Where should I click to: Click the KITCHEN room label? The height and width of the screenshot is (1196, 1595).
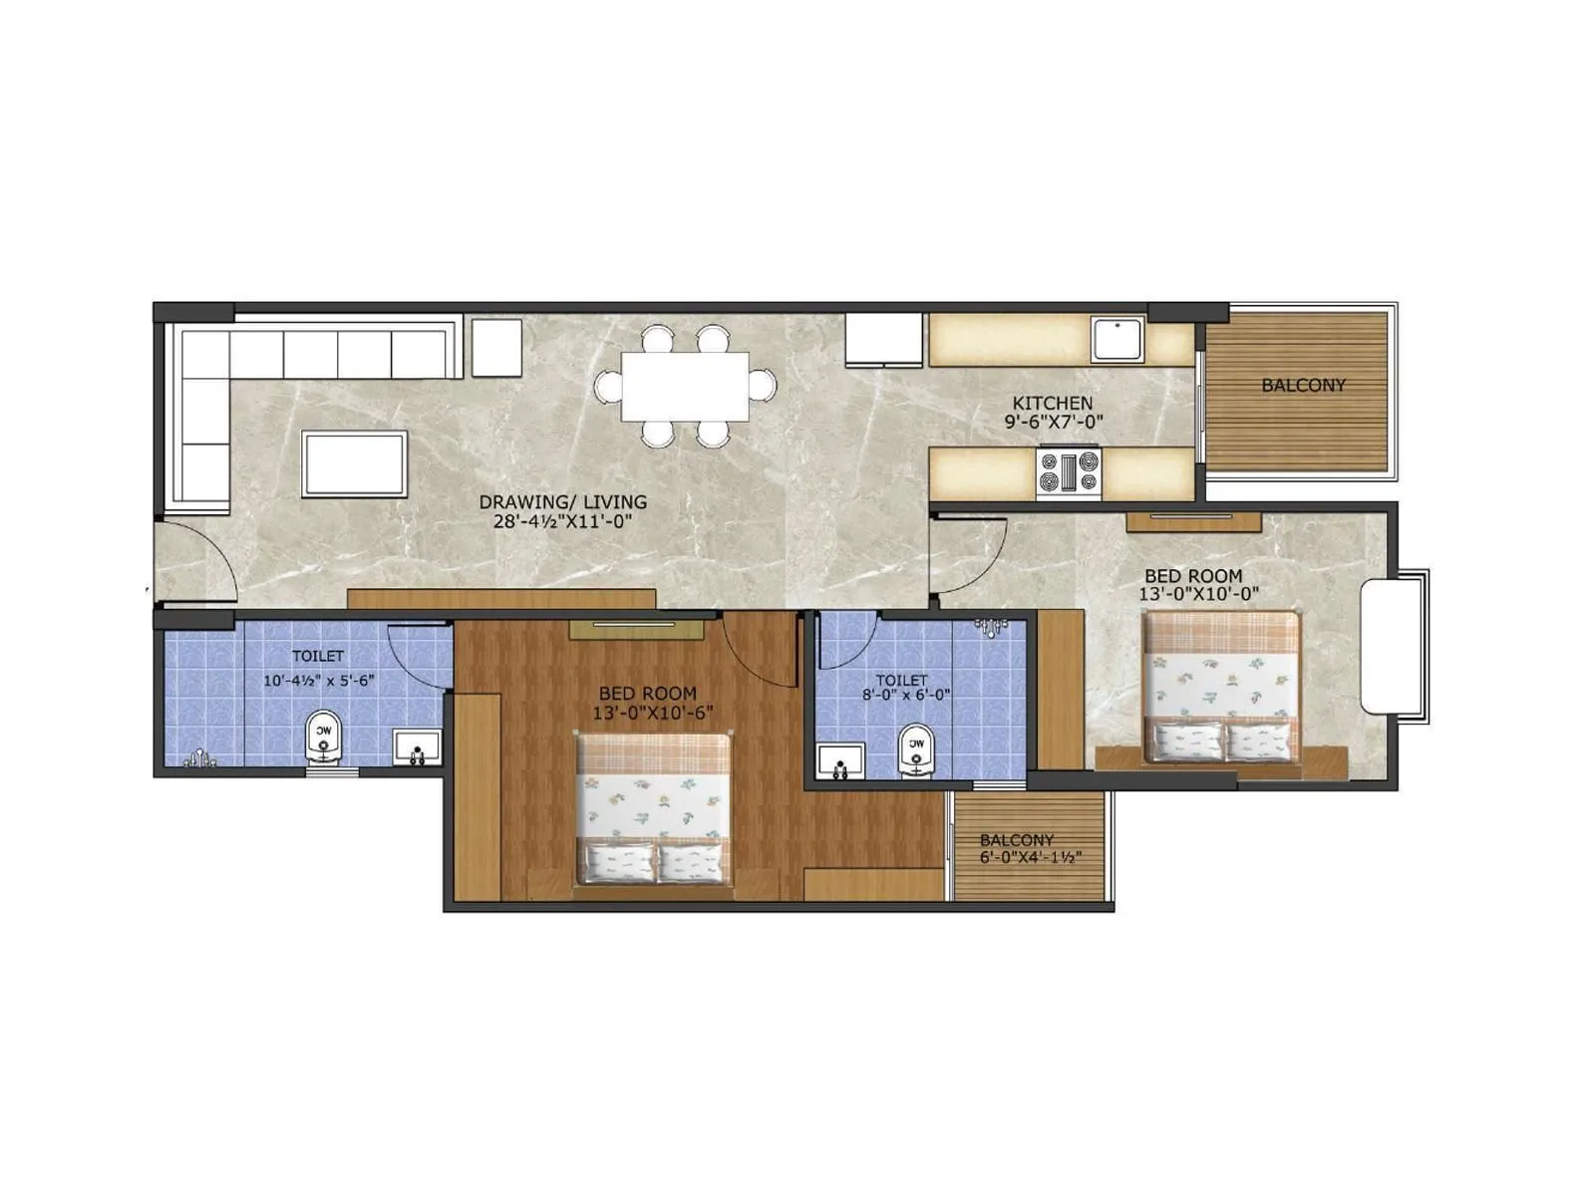[1053, 403]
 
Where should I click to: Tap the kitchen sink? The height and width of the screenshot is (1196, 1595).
[1117, 339]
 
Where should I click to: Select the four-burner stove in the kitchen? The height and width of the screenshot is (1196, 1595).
[1069, 472]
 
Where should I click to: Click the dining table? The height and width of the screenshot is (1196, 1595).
[685, 387]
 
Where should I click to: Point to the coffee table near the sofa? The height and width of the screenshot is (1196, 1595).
[355, 463]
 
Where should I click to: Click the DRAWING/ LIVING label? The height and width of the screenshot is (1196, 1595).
[563, 502]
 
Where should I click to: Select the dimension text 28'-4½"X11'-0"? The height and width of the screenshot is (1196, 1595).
[563, 521]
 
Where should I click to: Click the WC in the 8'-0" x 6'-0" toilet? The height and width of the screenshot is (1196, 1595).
[916, 749]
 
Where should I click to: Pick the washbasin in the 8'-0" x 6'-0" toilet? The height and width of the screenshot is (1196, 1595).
[840, 761]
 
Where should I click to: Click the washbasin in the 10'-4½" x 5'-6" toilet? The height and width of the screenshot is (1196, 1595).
[417, 748]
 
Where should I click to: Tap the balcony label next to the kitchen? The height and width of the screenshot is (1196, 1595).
[1303, 385]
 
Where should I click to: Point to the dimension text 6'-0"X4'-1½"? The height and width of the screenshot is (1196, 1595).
[1017, 857]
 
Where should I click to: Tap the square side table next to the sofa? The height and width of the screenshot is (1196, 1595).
[496, 348]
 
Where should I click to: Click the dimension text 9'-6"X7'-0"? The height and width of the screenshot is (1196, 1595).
[1053, 422]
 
